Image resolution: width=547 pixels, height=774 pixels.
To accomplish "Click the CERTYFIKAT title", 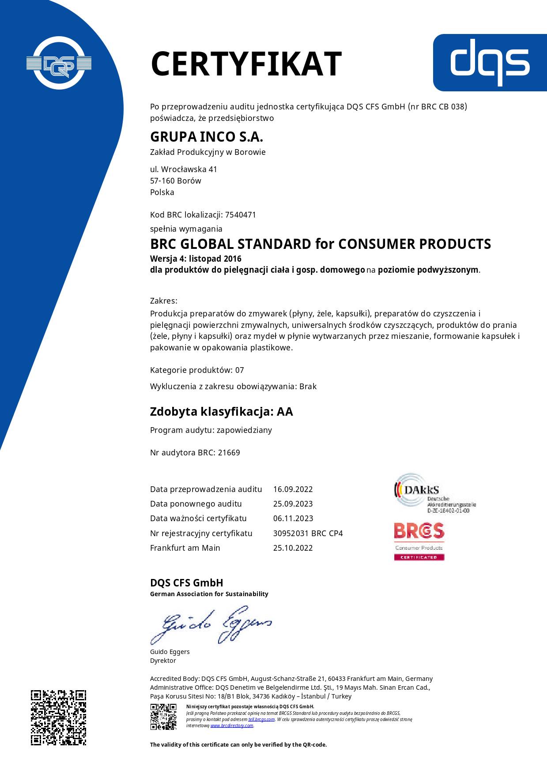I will pyautogui.click(x=246, y=64).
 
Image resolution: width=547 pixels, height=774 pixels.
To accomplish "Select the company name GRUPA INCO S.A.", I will pyautogui.click(x=207, y=137).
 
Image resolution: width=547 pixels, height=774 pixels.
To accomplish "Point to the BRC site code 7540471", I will pyautogui.click(x=241, y=215).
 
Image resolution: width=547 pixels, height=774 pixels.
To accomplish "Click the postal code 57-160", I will pyautogui.click(x=162, y=181).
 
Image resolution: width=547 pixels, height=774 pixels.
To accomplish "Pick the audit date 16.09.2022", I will pyautogui.click(x=293, y=489).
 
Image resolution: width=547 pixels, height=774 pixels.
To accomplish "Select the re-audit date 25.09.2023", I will pyautogui.click(x=293, y=504).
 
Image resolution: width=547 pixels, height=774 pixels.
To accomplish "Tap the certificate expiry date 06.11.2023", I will pyautogui.click(x=293, y=519).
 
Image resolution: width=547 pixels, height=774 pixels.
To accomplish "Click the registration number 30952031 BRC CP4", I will pyautogui.click(x=308, y=534).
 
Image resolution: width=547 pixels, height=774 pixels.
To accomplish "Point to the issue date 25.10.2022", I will pyautogui.click(x=293, y=548).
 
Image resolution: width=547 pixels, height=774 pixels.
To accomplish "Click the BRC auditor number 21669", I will pyautogui.click(x=229, y=453).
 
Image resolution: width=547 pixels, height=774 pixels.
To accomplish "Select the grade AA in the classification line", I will pyautogui.click(x=285, y=412).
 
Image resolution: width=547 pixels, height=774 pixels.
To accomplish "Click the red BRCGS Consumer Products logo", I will pyautogui.click(x=419, y=541).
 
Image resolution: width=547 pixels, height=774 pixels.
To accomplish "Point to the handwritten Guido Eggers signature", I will pyautogui.click(x=211, y=627).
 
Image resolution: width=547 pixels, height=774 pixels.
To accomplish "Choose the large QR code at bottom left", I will pyautogui.click(x=58, y=718).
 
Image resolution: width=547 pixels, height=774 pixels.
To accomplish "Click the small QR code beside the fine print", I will pyautogui.click(x=163, y=717).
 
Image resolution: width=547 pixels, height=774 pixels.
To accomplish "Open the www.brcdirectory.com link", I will pyautogui.click(x=232, y=725).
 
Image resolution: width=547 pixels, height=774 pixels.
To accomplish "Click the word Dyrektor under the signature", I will pyautogui.click(x=163, y=661).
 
